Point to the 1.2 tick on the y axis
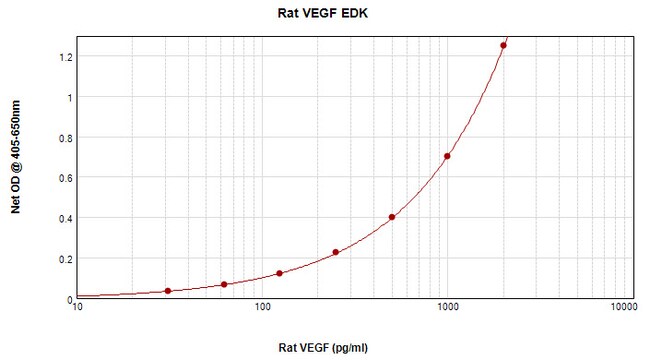coord(63,57)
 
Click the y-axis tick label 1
coord(68,98)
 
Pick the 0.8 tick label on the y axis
coord(63,138)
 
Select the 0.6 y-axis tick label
coord(63,178)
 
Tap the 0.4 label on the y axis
coord(63,218)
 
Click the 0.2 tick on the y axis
coord(63,259)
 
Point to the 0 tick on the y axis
coord(68,299)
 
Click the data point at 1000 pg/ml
coord(447,156)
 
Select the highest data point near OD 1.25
coord(503,45)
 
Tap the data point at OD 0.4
coord(392,217)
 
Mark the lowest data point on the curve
coord(167,291)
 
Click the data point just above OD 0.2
coord(336,252)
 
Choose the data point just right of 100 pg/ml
coord(279,273)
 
